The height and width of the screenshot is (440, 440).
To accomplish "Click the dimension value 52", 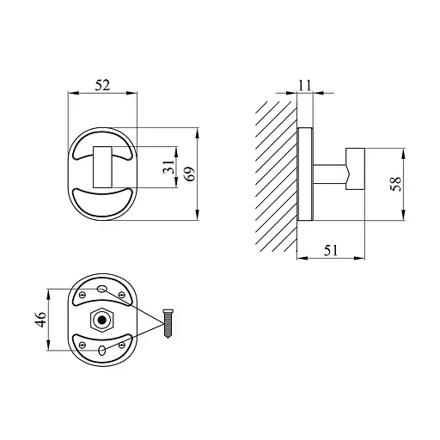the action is click(102, 85).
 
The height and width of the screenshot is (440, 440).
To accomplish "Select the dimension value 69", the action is click(190, 174).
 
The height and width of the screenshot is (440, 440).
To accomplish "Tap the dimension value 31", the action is click(168, 167).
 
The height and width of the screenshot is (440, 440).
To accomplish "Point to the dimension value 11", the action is click(305, 85).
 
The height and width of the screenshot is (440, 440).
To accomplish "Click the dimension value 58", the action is click(396, 184).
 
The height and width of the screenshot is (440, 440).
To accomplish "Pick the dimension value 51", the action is click(331, 250).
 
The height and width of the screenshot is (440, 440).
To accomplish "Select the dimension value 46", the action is click(40, 320).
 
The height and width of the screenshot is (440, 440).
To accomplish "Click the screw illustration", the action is click(168, 323).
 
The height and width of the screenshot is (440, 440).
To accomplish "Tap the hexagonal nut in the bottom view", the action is click(102, 320).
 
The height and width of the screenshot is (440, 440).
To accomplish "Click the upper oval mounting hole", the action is click(102, 289).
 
